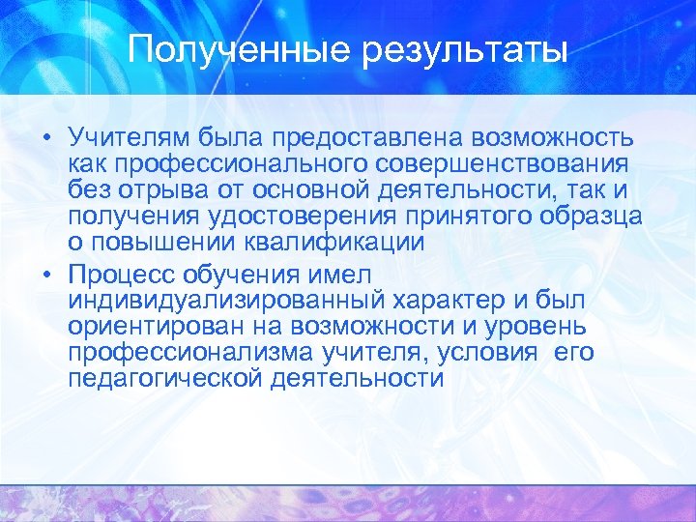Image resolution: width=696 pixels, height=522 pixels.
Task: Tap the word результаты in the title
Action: [465, 49]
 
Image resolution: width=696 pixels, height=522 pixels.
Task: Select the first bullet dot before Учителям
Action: [47, 138]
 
